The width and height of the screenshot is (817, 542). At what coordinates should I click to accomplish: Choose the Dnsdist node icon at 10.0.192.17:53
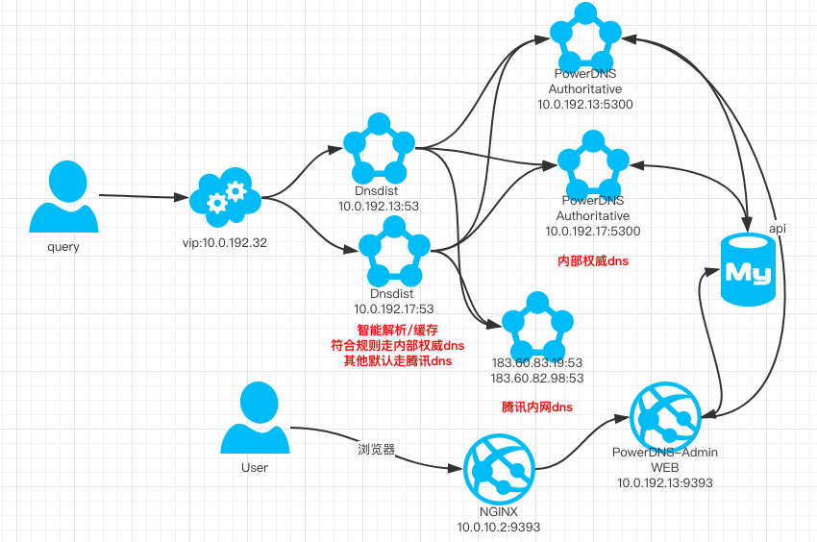point(393,246)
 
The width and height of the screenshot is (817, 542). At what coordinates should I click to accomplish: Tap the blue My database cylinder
point(748,271)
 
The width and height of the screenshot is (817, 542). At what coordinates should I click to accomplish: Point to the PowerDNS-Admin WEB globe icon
point(665,411)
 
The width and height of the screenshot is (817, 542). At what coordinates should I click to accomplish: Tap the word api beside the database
point(778,228)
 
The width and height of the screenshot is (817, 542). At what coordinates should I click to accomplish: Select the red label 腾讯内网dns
point(537,406)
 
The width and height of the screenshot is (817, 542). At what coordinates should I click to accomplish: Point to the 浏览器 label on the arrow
point(377,449)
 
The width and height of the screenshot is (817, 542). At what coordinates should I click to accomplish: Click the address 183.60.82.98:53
point(535,379)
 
